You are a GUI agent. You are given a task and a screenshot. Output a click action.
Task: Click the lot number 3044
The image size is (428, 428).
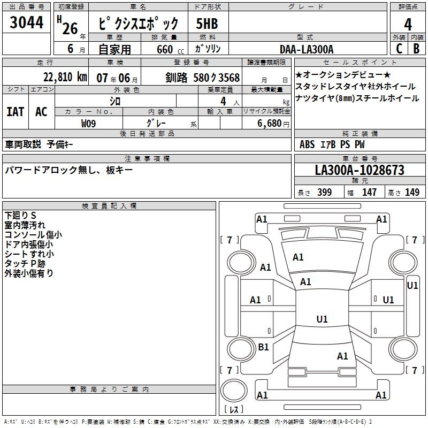[27, 23]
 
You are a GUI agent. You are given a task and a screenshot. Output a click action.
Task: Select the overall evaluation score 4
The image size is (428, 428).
[408, 25]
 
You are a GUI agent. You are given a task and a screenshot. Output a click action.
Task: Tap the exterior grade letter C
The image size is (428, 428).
[399, 48]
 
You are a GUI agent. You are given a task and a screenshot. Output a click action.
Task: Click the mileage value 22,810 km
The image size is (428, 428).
[65, 77]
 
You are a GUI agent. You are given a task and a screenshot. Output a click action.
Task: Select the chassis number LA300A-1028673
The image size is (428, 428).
[360, 170]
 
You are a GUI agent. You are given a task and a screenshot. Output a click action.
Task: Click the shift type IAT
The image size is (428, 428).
[15, 111]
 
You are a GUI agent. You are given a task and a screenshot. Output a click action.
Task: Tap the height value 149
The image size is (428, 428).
[412, 193]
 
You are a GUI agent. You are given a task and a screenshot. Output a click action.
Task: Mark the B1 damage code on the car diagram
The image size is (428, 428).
[263, 347]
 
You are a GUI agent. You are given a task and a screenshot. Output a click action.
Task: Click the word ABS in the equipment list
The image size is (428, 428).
[307, 144]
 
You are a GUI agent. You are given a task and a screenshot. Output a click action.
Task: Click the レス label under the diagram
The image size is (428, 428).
[233, 410]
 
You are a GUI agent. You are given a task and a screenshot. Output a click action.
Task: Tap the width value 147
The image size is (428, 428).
[369, 193]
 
